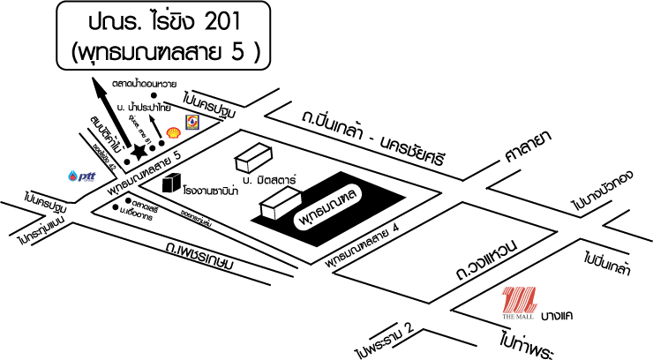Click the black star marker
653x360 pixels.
coord(139,153)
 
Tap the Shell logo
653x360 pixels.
coord(173,132)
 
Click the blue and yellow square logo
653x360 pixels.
coord(191,121)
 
